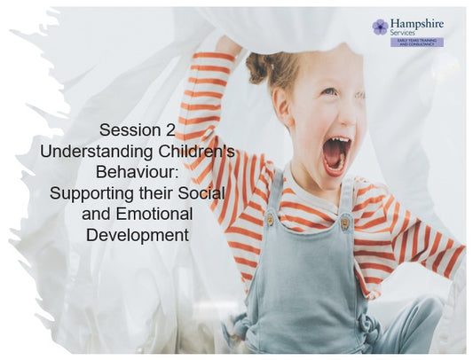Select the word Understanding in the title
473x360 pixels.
pos(91,153)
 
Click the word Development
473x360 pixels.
pos(137,235)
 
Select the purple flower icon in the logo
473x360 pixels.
pos(380,27)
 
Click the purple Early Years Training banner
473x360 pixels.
pos(416,42)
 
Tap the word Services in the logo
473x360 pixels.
pos(405,32)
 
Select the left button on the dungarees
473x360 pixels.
pos(269,218)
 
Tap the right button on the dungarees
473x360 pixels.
pos(344,223)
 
